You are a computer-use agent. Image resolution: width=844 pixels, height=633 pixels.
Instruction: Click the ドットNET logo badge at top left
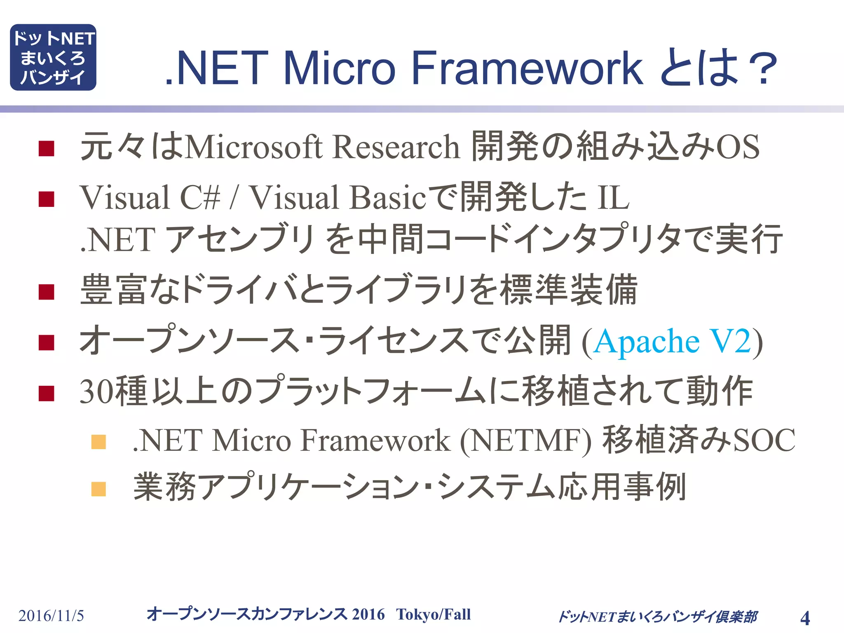pyautogui.click(x=53, y=57)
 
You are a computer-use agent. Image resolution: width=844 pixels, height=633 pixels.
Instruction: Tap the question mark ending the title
pyautogui.click(x=763, y=69)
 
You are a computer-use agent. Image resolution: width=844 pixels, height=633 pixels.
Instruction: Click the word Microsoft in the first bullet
pyautogui.click(x=253, y=147)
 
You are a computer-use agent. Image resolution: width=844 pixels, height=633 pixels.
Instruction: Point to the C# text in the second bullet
pyautogui.click(x=200, y=197)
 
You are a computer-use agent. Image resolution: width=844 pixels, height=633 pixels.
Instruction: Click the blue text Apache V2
pyautogui.click(x=672, y=342)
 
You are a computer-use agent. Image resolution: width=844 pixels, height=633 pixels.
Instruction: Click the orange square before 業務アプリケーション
pyautogui.click(x=98, y=489)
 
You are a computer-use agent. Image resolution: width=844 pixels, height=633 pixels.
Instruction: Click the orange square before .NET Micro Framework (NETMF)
pyautogui.click(x=98, y=442)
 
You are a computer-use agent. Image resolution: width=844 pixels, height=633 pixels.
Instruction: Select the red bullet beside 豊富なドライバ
pyautogui.click(x=47, y=292)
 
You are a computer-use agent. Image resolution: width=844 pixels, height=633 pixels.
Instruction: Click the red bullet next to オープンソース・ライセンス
pyautogui.click(x=47, y=342)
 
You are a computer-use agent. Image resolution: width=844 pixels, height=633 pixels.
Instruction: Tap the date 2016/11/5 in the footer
pyautogui.click(x=51, y=616)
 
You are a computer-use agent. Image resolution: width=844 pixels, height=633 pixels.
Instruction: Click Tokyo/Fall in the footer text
pyautogui.click(x=433, y=614)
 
